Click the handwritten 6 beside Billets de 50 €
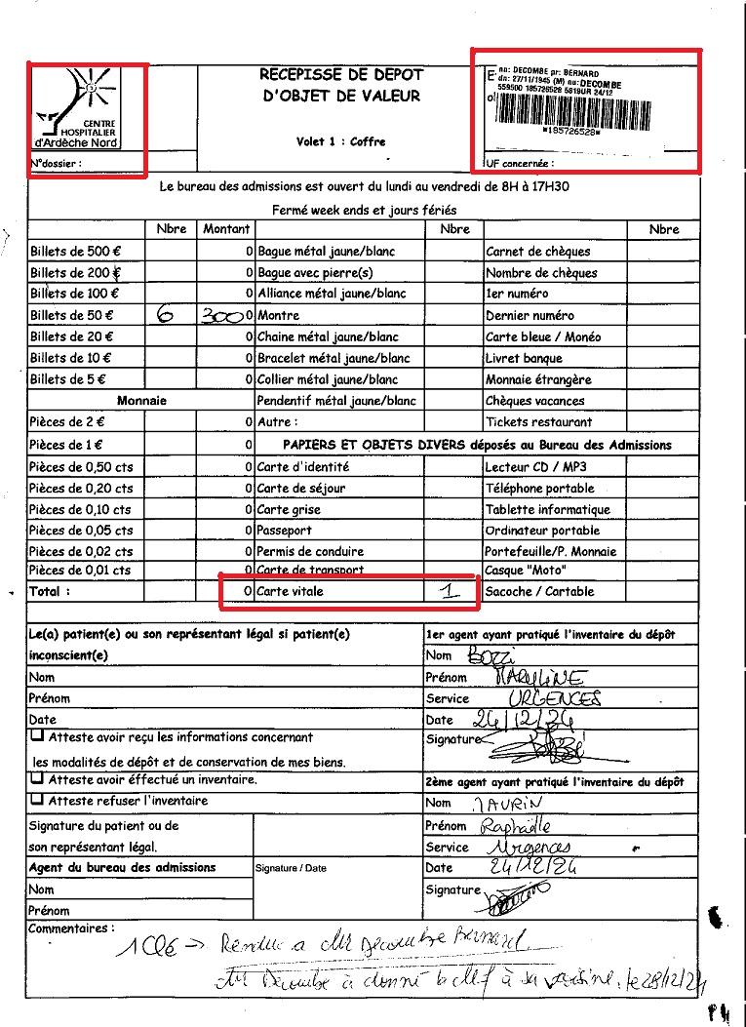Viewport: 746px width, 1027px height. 165,315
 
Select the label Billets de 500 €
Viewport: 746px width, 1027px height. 75,252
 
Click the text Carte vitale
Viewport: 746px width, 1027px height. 290,592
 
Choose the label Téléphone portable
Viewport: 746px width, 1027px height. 539,489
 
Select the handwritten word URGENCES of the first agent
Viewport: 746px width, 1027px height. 555,697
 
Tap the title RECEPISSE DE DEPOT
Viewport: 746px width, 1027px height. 341,74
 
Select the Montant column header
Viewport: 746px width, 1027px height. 226,229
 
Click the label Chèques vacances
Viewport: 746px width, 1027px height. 534,401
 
